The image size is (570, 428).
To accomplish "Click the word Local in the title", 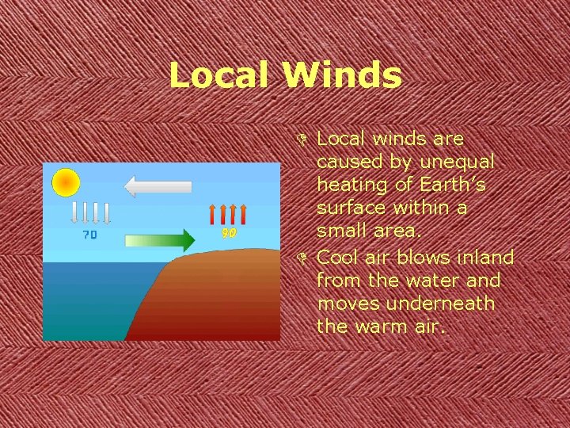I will [x=221, y=75].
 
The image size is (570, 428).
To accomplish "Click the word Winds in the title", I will [x=341, y=75].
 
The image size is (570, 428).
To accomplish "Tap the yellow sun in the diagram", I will [x=65, y=182].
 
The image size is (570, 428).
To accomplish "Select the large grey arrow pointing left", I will [x=158, y=187].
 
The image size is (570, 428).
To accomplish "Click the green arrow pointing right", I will [x=159, y=240].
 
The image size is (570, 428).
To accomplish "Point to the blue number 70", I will [x=90, y=235].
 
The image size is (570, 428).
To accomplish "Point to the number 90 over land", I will [x=229, y=233].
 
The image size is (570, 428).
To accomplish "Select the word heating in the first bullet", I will [x=346, y=185].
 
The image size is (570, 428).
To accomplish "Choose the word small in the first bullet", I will [x=339, y=231].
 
